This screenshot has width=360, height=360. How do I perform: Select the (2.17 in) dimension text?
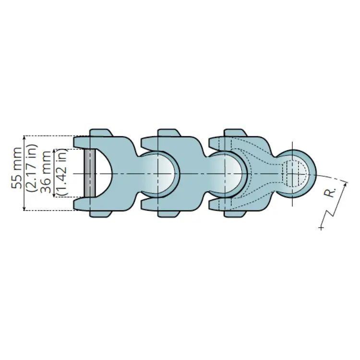tap(32, 168)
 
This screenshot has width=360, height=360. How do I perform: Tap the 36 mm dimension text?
tap(46, 172)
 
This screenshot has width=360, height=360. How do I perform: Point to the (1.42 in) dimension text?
tap(61, 172)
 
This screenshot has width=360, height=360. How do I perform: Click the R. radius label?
tap(330, 192)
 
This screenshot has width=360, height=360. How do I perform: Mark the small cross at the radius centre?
tap(321, 228)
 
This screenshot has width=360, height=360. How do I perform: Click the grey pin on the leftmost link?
tap(90, 173)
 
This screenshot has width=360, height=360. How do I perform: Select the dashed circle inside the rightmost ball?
tap(295, 173)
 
